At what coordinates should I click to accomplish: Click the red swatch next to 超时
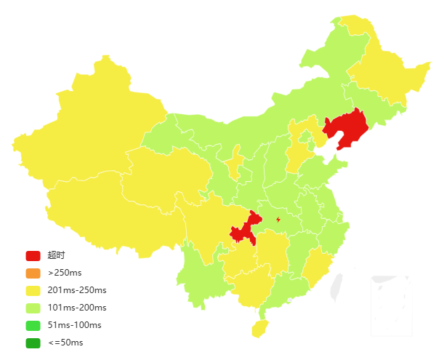[x=33, y=255]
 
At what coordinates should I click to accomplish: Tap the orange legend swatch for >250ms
[x=33, y=273]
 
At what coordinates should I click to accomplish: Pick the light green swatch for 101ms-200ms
[x=33, y=308]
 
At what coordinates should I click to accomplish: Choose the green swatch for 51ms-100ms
[x=33, y=325]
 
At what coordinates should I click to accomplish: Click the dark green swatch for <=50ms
[x=33, y=343]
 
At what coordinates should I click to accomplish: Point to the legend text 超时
[x=56, y=255]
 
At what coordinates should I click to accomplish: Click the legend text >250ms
[x=64, y=273]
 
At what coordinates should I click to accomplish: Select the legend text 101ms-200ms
[x=76, y=308]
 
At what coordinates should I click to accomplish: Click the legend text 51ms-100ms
[x=74, y=325]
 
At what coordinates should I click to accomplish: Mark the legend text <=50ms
[x=65, y=343]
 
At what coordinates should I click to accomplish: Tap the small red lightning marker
[x=278, y=220]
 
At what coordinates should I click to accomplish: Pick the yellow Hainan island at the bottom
[x=259, y=328]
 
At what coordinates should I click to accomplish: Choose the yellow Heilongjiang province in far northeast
[x=385, y=73]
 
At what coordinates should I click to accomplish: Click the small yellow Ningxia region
[x=234, y=164]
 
